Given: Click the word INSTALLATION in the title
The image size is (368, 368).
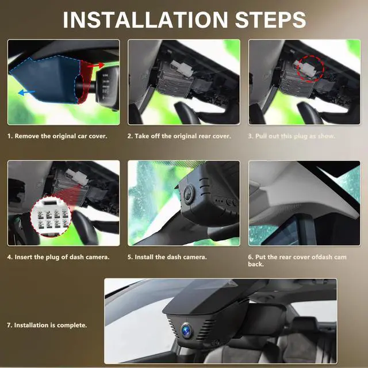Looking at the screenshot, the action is [145, 20].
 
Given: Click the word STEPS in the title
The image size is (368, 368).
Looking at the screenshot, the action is [270, 20].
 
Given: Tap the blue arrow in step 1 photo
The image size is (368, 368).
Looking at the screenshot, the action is [26, 93].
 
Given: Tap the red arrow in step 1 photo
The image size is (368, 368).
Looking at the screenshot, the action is [96, 66].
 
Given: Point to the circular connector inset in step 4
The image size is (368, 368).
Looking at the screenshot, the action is [51, 217].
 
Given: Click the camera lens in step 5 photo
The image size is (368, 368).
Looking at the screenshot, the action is [188, 194].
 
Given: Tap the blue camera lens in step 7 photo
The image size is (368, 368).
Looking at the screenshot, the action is [186, 330].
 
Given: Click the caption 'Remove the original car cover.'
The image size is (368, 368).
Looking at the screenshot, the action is [61, 136].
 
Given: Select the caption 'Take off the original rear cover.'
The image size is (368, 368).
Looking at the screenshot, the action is [183, 136].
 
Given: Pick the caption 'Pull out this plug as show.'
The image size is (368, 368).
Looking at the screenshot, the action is [295, 136].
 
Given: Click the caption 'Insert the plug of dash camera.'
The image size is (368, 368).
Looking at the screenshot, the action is [62, 257].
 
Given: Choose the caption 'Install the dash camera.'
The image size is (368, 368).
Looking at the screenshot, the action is [171, 257].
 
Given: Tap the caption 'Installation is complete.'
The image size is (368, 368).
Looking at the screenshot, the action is [51, 325].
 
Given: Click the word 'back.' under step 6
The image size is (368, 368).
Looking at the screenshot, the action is [256, 264].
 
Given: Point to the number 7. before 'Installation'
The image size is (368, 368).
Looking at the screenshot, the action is [9, 325].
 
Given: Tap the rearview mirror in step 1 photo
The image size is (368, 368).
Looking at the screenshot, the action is [108, 88].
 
